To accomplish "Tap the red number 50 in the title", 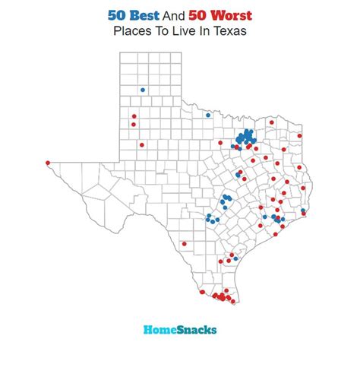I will [x=193, y=14].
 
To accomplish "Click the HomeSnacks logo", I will [x=180, y=330].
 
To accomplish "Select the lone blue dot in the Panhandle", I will [x=142, y=90].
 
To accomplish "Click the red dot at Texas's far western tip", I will [x=48, y=162].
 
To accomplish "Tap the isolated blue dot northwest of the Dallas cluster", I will [x=207, y=116].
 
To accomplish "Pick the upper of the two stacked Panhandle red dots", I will [x=134, y=116].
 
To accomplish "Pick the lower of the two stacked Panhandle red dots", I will [x=134, y=125].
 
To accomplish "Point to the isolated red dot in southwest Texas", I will [x=184, y=244].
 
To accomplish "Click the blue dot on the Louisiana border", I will [x=303, y=210].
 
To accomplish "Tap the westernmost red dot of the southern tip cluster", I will [x=202, y=293].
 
